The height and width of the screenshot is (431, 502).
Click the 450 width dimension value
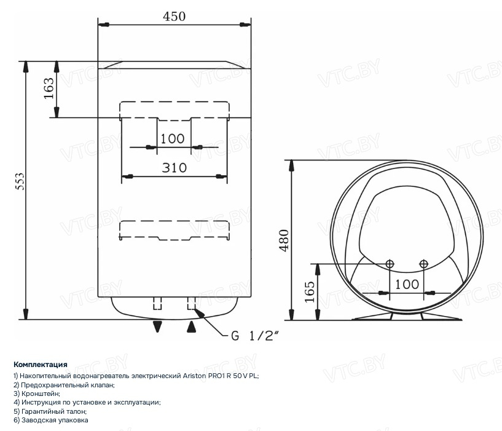pos(174,17)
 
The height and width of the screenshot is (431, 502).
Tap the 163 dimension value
pos(49,89)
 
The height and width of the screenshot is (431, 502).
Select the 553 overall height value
pos(20,181)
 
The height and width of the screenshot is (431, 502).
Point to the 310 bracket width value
pos(174,168)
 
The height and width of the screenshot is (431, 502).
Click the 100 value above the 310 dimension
pos(172,139)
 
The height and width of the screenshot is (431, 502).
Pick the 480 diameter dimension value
pos(284,240)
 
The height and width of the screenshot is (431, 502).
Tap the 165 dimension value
pos(310,291)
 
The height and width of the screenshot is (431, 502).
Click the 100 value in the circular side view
pos(407,284)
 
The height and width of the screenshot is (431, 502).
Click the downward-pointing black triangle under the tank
pos(157,326)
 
